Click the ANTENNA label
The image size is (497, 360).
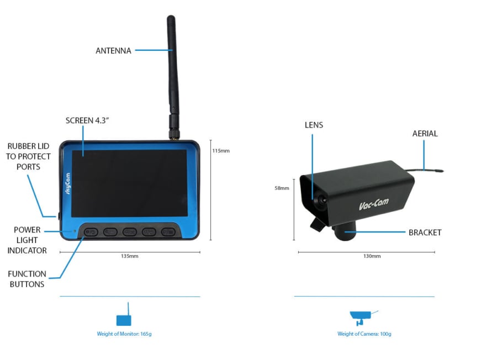(113, 51)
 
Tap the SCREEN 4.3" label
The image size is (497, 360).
(87, 120)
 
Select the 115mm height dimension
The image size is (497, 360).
(221, 151)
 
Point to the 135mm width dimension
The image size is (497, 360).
(130, 256)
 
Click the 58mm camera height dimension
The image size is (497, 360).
(282, 188)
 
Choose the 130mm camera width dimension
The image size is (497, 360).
(372, 256)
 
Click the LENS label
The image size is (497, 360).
(314, 125)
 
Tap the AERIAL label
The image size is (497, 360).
(425, 134)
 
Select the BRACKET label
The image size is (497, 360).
(425, 232)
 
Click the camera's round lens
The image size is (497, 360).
(321, 200)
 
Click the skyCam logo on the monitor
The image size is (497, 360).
(67, 183)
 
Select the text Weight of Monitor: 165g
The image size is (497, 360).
(124, 333)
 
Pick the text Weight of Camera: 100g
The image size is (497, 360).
(364, 333)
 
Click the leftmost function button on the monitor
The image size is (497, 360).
(91, 232)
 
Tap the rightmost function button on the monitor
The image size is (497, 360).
(168, 232)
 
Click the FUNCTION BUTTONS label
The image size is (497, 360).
(27, 279)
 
